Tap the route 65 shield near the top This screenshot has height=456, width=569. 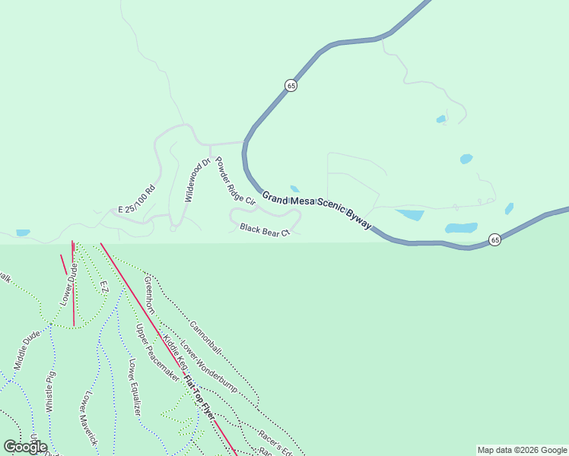click(x=291, y=86)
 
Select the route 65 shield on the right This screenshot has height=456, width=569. click(x=494, y=239)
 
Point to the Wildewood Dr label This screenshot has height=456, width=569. click(x=197, y=180)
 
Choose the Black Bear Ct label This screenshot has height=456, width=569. click(x=265, y=229)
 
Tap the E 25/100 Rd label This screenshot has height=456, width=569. click(x=137, y=198)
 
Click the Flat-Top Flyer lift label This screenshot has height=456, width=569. click(x=199, y=397)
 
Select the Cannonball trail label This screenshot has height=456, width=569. click(x=205, y=337)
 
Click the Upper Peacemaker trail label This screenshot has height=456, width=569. click(x=157, y=353)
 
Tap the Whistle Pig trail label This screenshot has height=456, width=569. click(x=51, y=391)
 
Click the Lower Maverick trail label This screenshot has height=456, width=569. click(x=90, y=419)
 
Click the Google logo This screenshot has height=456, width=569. click(x=26, y=447)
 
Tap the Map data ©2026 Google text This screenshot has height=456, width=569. click(x=522, y=450)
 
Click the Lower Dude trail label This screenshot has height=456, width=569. click(x=69, y=282)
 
